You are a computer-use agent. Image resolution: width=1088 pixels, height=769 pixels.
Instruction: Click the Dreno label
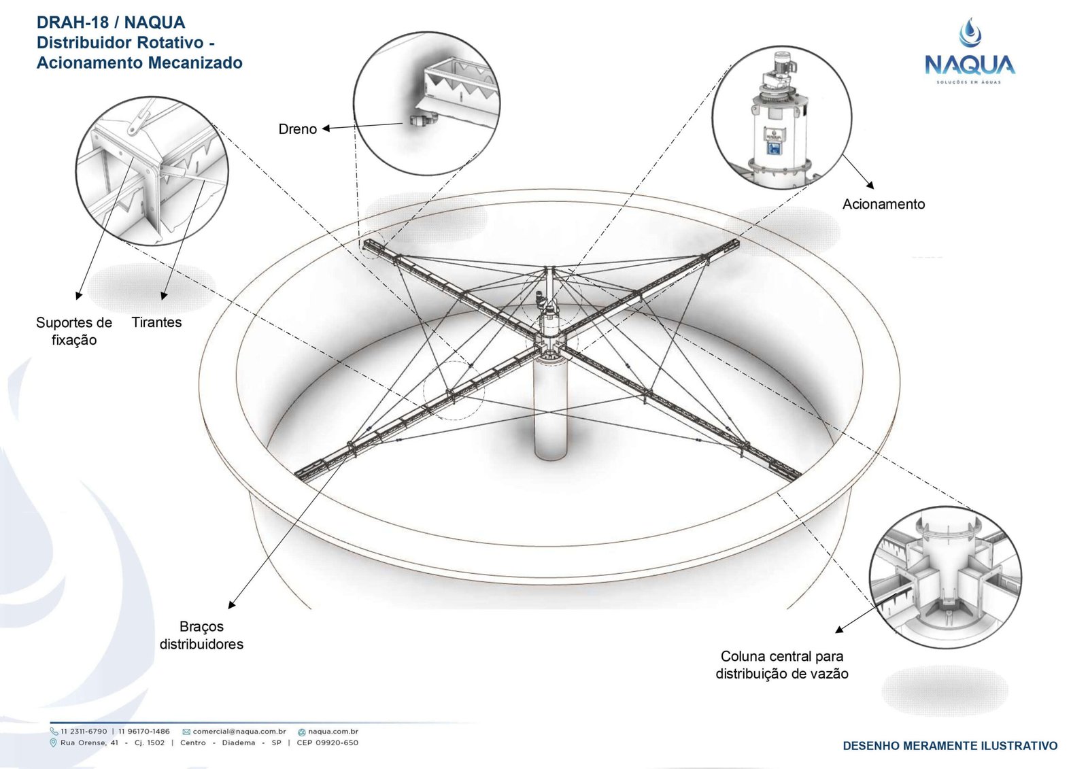click(x=297, y=129)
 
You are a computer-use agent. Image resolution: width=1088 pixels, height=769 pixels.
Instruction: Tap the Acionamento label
click(x=883, y=204)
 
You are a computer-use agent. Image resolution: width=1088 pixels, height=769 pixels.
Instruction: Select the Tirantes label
click(x=156, y=322)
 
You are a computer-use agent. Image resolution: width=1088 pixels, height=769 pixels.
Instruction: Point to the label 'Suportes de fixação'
click(x=74, y=331)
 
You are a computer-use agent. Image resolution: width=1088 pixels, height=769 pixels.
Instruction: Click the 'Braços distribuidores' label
click(x=201, y=635)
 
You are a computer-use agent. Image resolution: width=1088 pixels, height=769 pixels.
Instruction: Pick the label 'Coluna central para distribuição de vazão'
click(x=782, y=665)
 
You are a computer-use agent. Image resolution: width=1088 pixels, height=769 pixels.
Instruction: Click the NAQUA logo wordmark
click(x=969, y=65)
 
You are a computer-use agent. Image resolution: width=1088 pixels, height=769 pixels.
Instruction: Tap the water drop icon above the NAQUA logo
click(x=970, y=33)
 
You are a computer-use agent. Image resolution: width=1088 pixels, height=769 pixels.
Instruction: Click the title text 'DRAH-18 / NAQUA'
click(x=111, y=22)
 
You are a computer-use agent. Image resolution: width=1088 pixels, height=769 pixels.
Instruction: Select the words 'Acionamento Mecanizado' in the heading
click(x=139, y=63)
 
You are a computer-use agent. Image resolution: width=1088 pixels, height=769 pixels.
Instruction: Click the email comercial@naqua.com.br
click(x=239, y=732)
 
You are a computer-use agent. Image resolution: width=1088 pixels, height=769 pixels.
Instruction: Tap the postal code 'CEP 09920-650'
click(x=327, y=742)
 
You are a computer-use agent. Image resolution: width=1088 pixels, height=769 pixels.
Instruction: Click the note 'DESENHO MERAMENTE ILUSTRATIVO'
click(x=950, y=746)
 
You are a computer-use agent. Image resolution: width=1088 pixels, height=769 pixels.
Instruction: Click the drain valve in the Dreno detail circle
click(x=417, y=120)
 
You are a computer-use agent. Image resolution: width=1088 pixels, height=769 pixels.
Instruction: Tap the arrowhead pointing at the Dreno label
click(x=326, y=128)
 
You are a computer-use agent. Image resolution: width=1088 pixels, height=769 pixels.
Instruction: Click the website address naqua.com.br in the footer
click(x=333, y=732)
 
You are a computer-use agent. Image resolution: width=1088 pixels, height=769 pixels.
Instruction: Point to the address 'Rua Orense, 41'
click(x=89, y=742)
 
